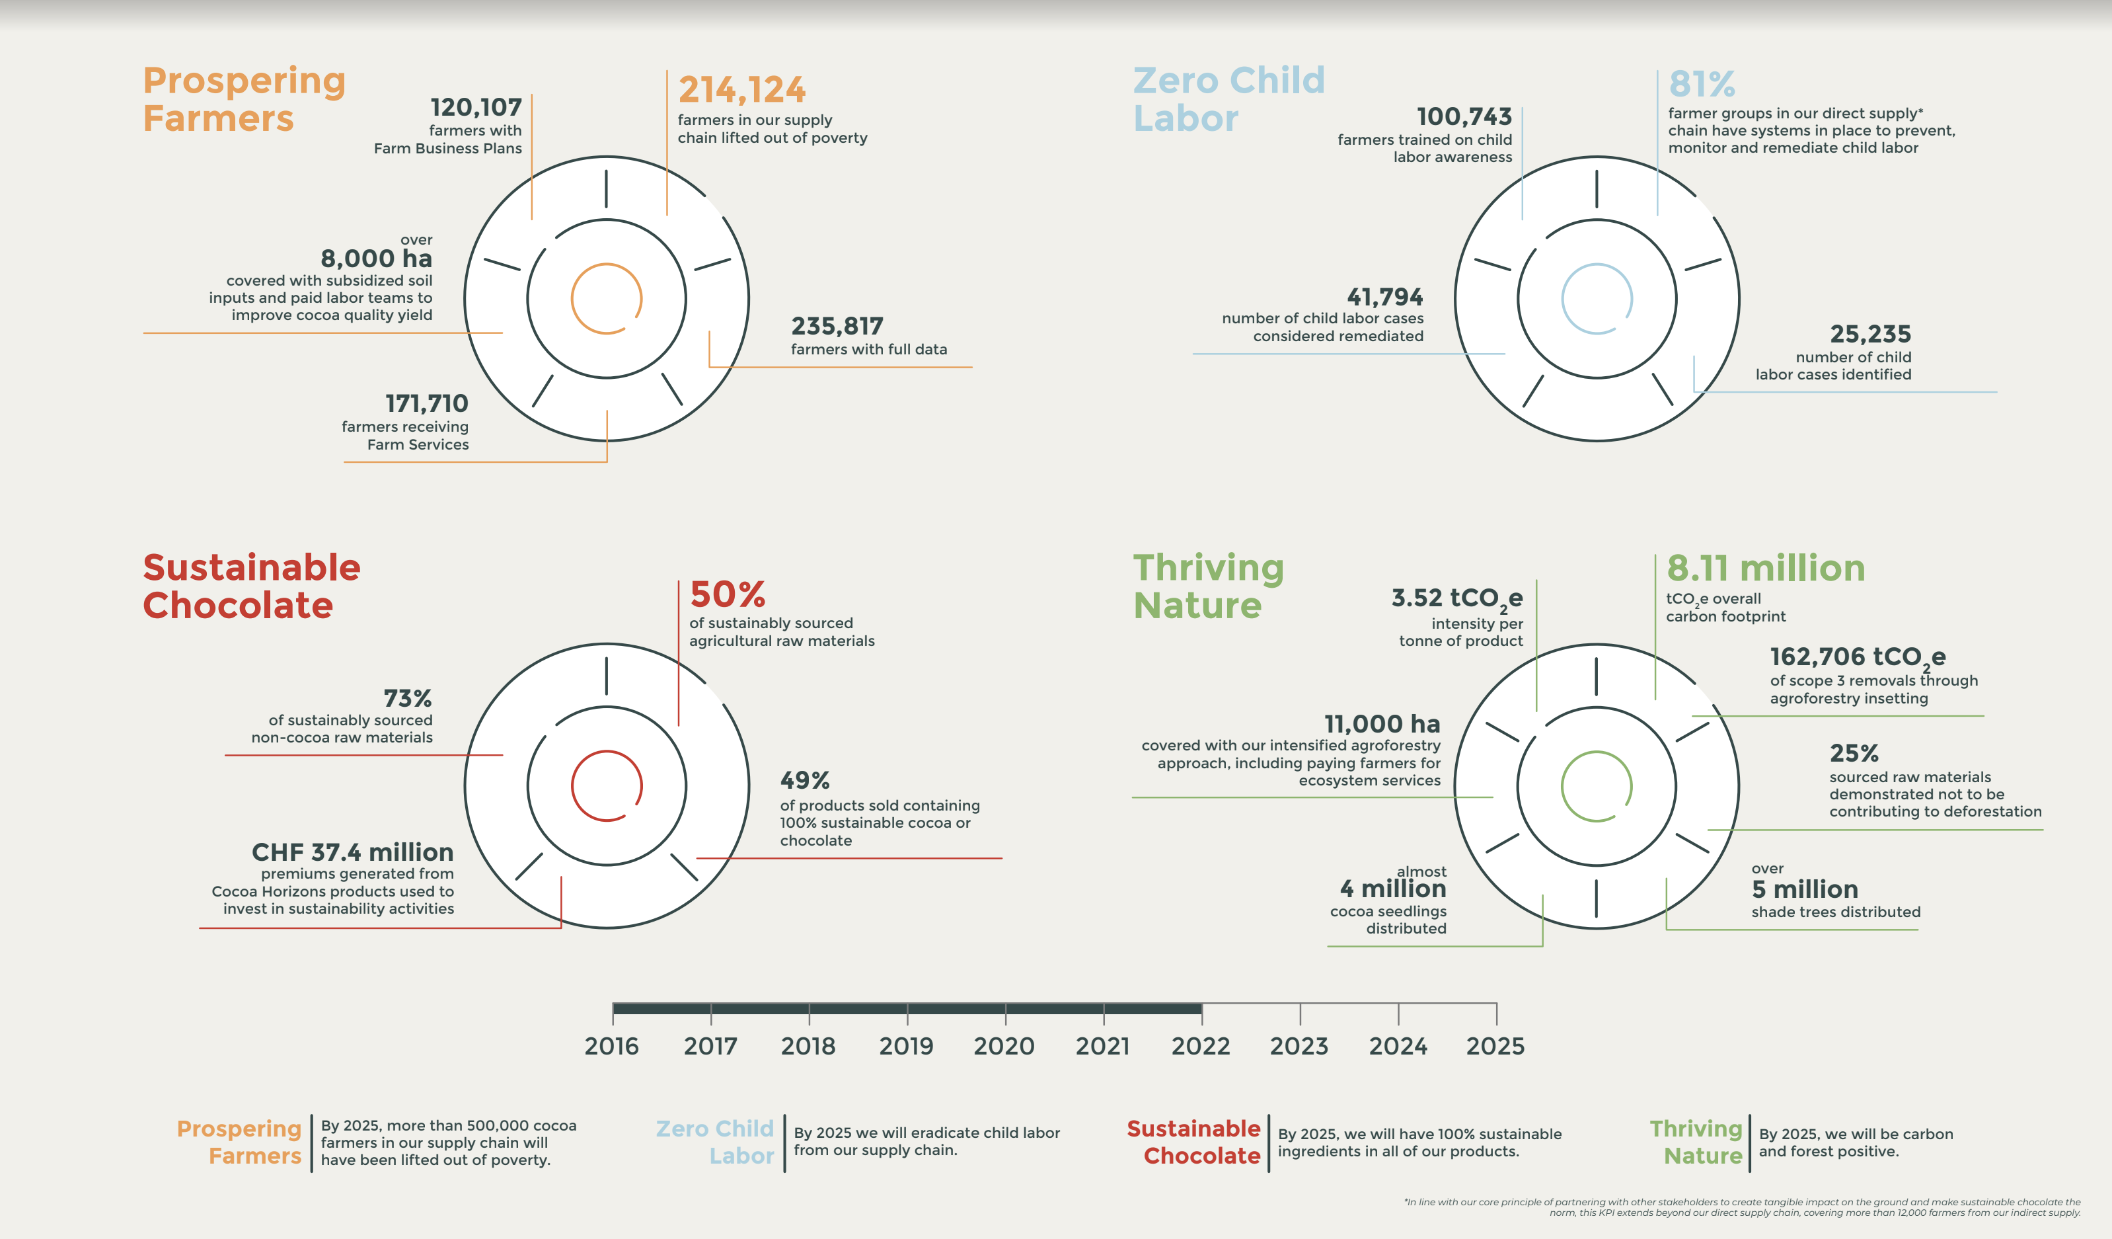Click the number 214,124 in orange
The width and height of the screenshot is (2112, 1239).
click(x=741, y=90)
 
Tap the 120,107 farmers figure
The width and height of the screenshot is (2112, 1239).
click(x=475, y=107)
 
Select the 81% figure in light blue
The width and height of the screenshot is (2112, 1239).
click(x=1702, y=84)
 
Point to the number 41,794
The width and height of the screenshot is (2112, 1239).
click(x=1384, y=297)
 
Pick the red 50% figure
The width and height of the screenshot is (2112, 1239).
click(x=728, y=594)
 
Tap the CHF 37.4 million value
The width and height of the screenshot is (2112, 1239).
click(x=352, y=852)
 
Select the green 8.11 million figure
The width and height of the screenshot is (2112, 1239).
click(x=1766, y=569)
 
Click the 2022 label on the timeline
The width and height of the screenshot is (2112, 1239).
click(x=1200, y=1046)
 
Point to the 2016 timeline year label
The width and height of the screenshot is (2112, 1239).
click(x=611, y=1046)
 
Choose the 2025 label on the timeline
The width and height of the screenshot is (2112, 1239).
click(x=1495, y=1046)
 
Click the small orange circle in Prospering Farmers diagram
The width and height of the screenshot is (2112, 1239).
click(x=606, y=300)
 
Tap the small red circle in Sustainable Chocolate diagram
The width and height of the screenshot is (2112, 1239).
click(x=606, y=786)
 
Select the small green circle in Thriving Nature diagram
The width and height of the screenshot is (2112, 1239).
click(x=1596, y=786)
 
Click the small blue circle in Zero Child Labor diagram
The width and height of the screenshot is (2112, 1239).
click(x=1596, y=300)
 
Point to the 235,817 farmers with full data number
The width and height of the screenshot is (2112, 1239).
click(x=837, y=326)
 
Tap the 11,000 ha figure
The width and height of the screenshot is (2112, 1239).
click(x=1382, y=723)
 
